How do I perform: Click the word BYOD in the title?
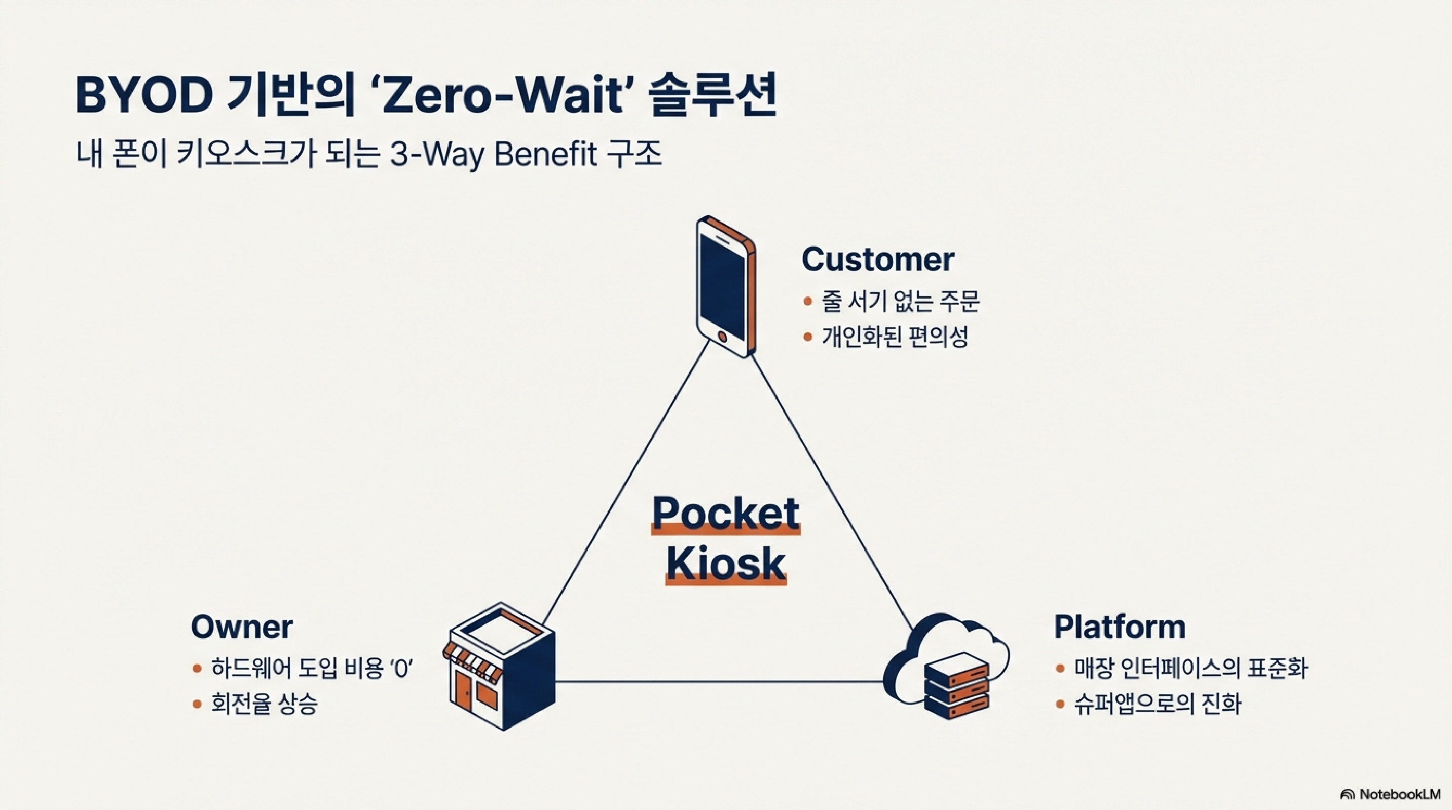click(x=143, y=96)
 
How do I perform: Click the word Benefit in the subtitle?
click(x=544, y=154)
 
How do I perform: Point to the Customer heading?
click(x=878, y=260)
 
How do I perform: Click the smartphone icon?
click(x=725, y=286)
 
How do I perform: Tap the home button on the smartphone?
click(x=723, y=336)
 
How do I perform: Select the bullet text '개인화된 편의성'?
click(x=894, y=337)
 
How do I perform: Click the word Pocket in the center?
click(x=725, y=513)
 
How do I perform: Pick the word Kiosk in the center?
click(x=725, y=564)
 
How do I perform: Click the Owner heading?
click(x=242, y=626)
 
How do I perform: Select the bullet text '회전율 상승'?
click(x=264, y=704)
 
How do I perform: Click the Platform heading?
click(x=1119, y=626)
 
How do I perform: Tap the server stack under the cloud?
click(x=957, y=685)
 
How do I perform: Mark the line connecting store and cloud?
click(x=719, y=681)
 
